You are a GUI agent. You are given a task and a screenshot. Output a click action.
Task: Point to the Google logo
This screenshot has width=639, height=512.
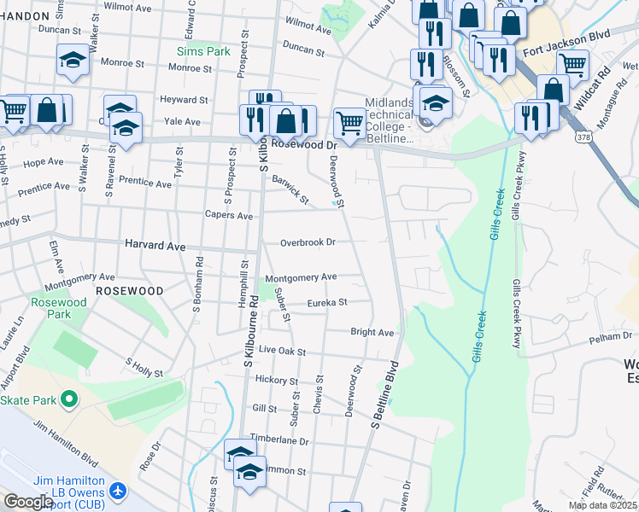point(28,502)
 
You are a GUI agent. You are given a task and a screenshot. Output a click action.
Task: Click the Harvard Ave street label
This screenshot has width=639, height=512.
point(155,245)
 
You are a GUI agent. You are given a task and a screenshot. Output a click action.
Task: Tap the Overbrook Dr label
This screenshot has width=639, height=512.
point(308,242)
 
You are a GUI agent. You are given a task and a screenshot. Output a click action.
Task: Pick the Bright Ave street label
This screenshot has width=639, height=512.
point(372,332)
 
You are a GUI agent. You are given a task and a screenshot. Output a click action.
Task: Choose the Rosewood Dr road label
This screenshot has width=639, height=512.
point(303,146)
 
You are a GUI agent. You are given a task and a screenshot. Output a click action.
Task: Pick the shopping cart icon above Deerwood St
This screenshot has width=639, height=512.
point(349,122)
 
